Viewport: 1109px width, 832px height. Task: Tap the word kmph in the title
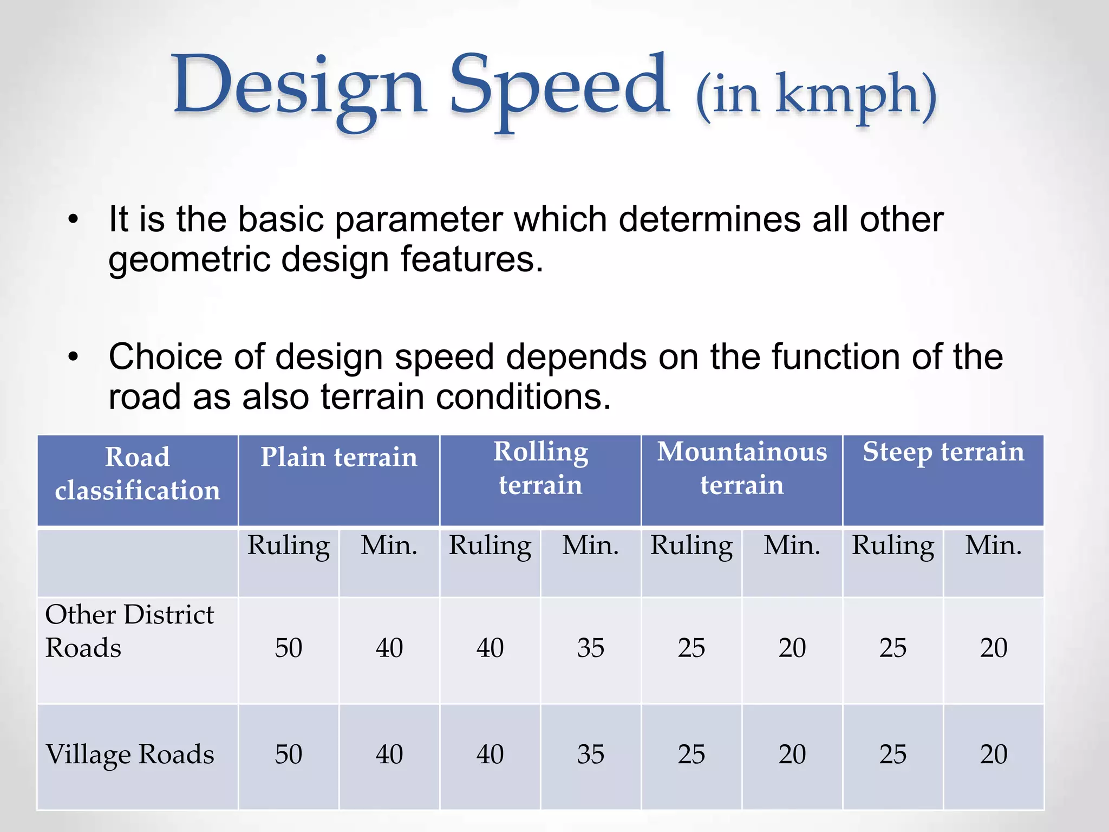(x=847, y=95)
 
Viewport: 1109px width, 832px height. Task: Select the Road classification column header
(x=138, y=473)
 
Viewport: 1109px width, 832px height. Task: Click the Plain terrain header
(x=339, y=457)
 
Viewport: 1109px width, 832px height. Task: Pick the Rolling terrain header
(x=540, y=468)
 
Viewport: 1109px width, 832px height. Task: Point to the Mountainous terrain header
(x=742, y=468)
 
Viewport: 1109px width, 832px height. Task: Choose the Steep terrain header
(x=943, y=452)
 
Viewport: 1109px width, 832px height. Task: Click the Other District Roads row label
(x=129, y=631)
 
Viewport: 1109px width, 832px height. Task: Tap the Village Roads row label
(x=129, y=755)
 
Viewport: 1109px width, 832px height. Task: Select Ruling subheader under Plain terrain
(x=289, y=545)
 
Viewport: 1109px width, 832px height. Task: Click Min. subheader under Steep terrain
(x=993, y=545)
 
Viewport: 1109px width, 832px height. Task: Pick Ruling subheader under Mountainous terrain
(x=692, y=545)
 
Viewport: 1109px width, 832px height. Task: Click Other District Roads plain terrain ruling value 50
(x=289, y=648)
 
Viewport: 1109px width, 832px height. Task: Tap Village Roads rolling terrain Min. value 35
(x=590, y=755)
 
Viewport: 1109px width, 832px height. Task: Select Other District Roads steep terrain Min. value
(x=993, y=648)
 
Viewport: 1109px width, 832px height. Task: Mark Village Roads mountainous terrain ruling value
(x=692, y=755)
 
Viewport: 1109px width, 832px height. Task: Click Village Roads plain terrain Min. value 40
(x=389, y=755)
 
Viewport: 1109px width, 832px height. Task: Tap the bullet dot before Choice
(x=74, y=357)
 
